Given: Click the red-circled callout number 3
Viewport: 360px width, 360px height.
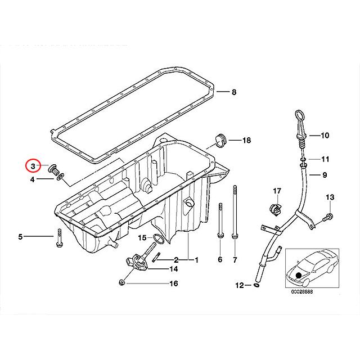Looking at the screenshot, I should [33, 166].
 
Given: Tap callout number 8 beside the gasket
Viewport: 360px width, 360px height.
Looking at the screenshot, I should [235, 92].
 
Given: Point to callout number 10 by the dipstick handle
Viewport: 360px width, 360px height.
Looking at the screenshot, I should [325, 136].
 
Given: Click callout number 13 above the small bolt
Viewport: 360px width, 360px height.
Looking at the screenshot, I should [330, 197].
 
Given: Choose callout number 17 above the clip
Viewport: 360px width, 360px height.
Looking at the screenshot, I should [277, 191].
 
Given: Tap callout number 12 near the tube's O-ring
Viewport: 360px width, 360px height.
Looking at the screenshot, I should [240, 285].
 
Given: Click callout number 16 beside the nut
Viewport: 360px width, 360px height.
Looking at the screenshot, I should [173, 283].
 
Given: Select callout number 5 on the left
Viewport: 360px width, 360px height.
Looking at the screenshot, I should [20, 237].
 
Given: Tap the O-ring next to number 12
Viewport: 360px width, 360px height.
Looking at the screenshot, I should [256, 286].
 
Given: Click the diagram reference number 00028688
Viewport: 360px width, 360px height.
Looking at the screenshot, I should [303, 292].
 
